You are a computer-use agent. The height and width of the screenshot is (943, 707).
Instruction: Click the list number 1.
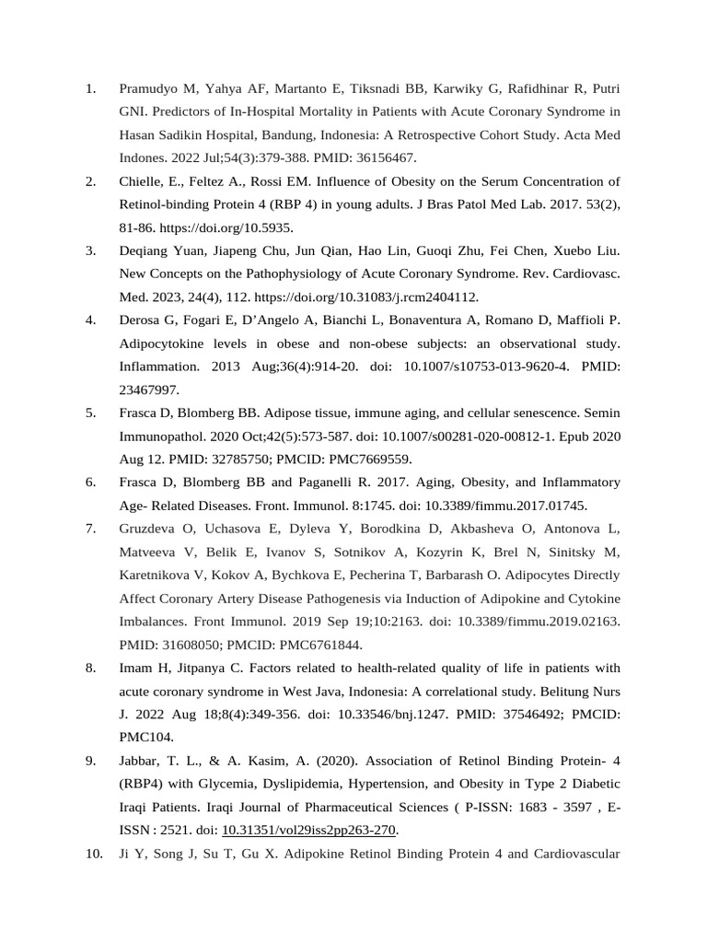pos(90,89)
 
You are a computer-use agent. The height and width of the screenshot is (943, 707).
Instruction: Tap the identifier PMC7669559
pos(365,459)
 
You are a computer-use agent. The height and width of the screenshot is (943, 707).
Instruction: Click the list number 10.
pos(94,854)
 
